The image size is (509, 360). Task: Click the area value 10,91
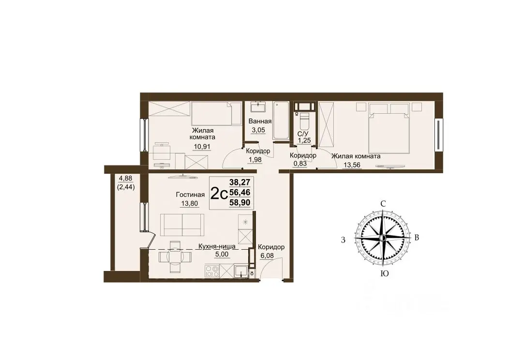pos(202,147)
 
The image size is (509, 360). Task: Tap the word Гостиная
pos(190,195)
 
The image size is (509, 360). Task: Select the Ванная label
pos(260,121)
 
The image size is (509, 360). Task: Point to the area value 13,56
pos(352,165)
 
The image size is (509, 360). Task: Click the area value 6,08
pos(267,256)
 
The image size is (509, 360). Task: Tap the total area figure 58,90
pos(240,203)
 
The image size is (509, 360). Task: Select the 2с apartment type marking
pos(219,194)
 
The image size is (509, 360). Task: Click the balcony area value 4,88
pos(126,178)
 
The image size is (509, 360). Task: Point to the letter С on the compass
pos(383,204)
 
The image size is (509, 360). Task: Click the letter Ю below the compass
pos(384,274)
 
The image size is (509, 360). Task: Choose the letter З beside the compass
pos(343,240)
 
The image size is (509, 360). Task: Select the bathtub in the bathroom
pos(281,120)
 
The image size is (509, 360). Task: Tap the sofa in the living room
pos(182,225)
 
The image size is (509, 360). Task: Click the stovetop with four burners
pos(212,271)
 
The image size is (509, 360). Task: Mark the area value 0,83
pos(300,164)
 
